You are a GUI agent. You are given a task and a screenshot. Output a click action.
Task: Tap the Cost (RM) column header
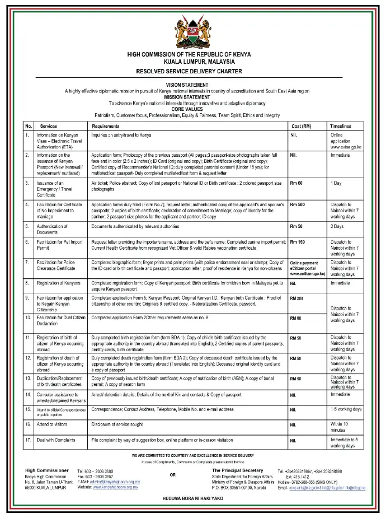[301, 127]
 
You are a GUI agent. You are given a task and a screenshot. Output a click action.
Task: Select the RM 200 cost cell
[297, 298]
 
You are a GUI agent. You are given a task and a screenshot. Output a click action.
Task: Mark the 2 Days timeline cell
[337, 227]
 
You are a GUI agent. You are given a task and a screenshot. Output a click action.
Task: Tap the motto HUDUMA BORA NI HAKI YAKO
[192, 497]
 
